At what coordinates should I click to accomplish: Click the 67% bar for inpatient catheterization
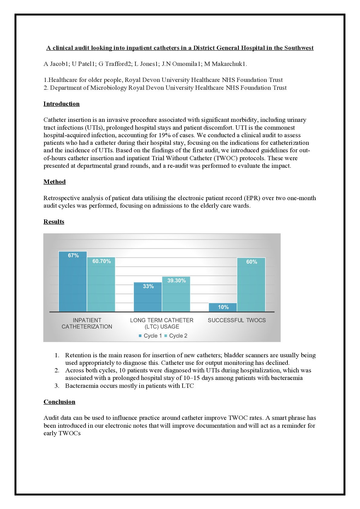click(73, 283)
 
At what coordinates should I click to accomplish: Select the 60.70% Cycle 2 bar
click(101, 286)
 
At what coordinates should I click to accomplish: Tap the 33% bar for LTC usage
click(148, 298)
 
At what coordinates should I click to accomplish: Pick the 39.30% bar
click(176, 295)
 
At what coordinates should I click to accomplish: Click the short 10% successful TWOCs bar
click(223, 307)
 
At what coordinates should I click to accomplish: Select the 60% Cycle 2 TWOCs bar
click(251, 286)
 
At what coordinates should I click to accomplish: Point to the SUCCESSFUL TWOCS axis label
click(237, 320)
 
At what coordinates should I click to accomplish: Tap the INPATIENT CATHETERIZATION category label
click(87, 323)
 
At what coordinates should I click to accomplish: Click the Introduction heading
click(61, 104)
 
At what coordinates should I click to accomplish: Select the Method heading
click(54, 182)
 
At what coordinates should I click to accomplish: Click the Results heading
click(54, 222)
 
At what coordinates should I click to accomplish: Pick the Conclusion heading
click(59, 402)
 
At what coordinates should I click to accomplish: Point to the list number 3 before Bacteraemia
click(57, 386)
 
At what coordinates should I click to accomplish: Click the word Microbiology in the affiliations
click(108, 88)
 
